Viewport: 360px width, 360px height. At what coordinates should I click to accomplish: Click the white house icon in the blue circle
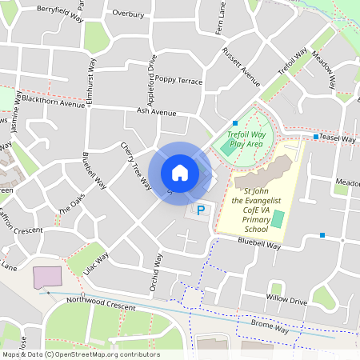179,173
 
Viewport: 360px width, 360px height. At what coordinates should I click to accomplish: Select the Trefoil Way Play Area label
245,139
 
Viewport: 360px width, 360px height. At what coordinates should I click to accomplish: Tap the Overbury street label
128,14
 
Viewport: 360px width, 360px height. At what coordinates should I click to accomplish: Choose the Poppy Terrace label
179,80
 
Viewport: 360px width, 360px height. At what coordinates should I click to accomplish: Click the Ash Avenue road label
156,112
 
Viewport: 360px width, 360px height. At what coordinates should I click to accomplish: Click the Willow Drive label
286,301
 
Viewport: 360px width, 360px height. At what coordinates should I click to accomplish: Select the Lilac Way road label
95,259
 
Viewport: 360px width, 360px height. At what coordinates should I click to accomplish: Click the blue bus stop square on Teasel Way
317,137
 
